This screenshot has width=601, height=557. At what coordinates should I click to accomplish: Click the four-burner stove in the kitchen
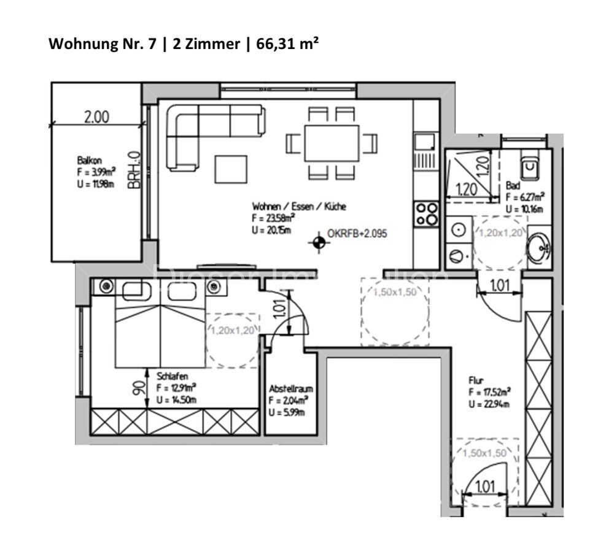pyautogui.click(x=427, y=214)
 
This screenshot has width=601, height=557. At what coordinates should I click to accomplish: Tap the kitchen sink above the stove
pyautogui.click(x=424, y=143)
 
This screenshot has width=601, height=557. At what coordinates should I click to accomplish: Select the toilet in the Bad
pyautogui.click(x=529, y=166)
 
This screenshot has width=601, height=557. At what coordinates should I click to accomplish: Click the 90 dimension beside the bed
pyautogui.click(x=139, y=388)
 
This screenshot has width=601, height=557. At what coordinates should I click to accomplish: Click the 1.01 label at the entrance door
pyautogui.click(x=484, y=487)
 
